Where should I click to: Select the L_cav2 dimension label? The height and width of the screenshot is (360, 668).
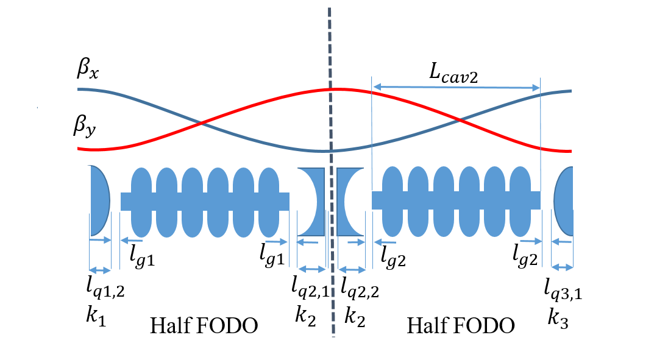click(454, 75)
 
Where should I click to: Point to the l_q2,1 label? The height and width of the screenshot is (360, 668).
click(310, 287)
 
